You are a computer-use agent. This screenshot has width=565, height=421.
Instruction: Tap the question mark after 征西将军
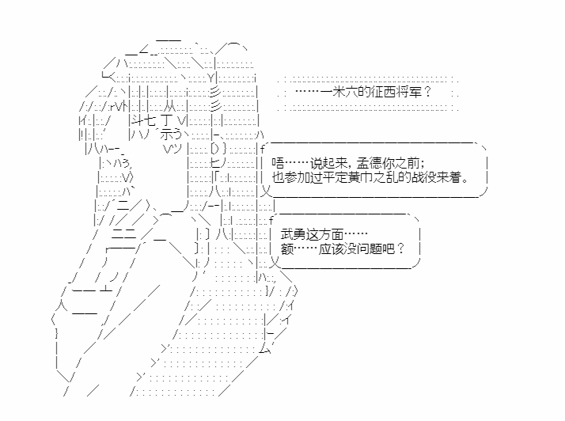(x=427, y=92)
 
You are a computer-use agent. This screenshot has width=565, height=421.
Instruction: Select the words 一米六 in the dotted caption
(x=339, y=92)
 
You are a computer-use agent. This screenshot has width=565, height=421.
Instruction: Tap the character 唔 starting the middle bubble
(x=278, y=163)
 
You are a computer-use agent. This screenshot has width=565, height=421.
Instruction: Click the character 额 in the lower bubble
(x=286, y=248)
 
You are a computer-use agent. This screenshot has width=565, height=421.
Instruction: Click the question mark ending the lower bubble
(x=401, y=248)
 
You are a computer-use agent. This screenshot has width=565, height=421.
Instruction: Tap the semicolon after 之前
(x=423, y=165)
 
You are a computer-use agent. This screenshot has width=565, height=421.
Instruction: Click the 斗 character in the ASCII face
(x=138, y=119)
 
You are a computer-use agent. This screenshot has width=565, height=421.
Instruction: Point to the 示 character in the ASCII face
(x=166, y=134)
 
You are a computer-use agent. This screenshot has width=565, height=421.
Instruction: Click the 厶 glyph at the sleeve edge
(x=265, y=348)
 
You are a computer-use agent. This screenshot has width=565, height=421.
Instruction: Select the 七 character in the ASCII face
(x=150, y=119)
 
